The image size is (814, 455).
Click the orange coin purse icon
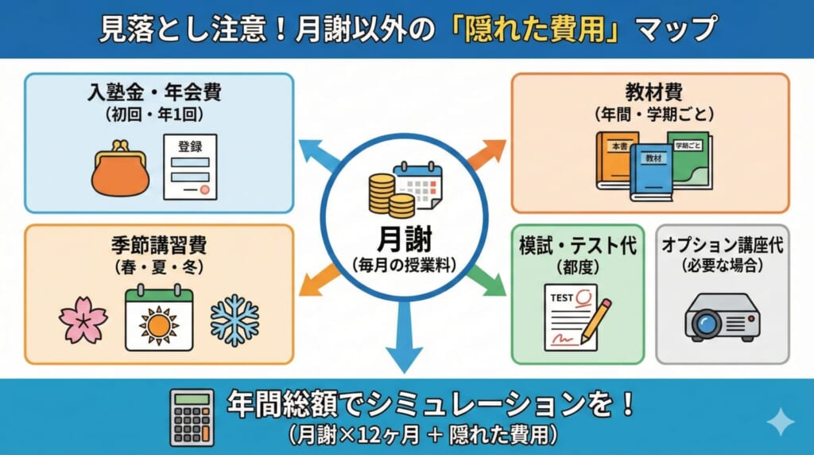pos(119,169)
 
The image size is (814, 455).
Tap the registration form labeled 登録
pos(190,167)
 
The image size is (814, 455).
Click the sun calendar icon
pos(159,318)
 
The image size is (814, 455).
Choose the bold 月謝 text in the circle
pos(405,239)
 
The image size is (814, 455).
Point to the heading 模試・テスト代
pos(577,245)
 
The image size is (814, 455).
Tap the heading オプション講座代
pos(722,245)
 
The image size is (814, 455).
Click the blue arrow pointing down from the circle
pos(405,342)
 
